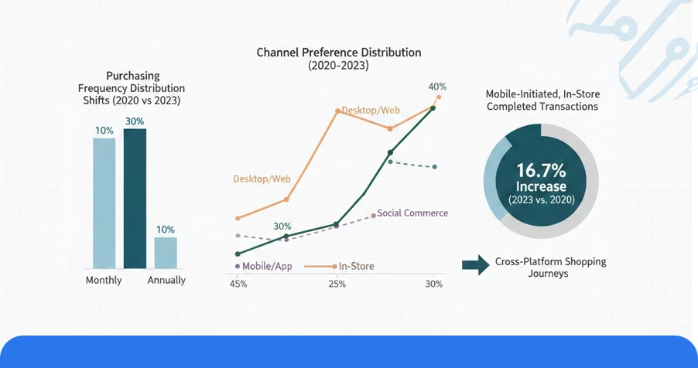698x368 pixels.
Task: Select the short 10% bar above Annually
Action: coord(166,252)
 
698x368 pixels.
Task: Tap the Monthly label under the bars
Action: coord(104,280)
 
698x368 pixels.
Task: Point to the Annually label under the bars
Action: coord(166,280)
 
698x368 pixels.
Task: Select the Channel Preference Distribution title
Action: coord(339,53)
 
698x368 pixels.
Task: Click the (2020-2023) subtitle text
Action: coord(339,66)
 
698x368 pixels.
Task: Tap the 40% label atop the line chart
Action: coord(437,87)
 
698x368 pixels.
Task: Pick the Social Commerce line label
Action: coord(412,213)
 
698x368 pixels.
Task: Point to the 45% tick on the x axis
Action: coord(238,284)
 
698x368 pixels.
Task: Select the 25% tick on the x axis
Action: coord(337,284)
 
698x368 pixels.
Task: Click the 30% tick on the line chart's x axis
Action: coord(434,284)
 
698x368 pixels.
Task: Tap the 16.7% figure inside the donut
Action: coord(542,170)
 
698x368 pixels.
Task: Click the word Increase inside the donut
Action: coord(542,186)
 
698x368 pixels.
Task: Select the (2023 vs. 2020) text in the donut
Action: coord(542,199)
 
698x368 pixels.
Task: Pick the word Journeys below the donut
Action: coord(550,274)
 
